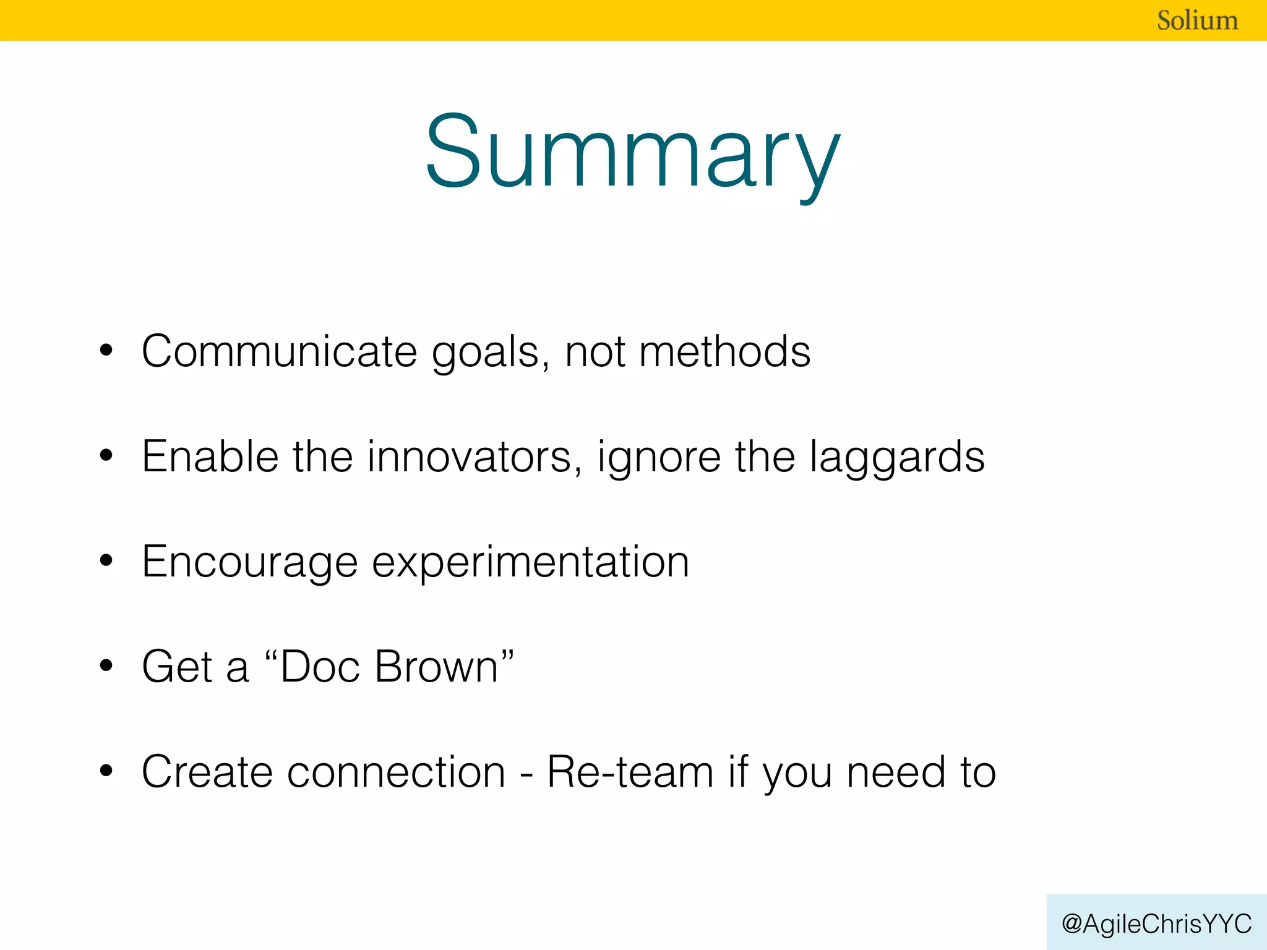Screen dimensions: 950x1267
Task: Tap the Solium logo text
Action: pyautogui.click(x=1197, y=20)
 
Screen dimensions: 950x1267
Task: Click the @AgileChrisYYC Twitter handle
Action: pyautogui.click(x=1156, y=923)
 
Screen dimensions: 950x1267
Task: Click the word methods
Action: pyautogui.click(x=724, y=351)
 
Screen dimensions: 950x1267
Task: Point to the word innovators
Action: pyautogui.click(x=470, y=456)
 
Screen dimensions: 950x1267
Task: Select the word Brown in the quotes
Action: pyautogui.click(x=437, y=667)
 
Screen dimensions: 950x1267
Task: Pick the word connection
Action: pyautogui.click(x=396, y=772)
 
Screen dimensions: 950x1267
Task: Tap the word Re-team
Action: pyautogui.click(x=630, y=772)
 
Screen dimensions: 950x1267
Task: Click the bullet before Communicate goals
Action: pyautogui.click(x=106, y=350)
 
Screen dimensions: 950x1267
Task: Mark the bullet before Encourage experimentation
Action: pyautogui.click(x=106, y=560)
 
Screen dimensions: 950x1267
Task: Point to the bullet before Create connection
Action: pyautogui.click(x=106, y=771)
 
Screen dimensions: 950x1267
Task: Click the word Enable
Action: pyautogui.click(x=210, y=456)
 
